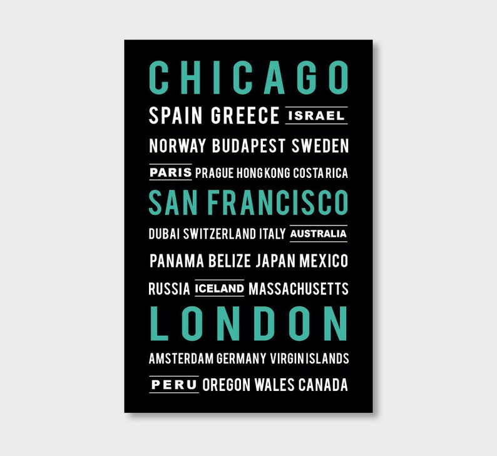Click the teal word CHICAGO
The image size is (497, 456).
pyautogui.click(x=248, y=78)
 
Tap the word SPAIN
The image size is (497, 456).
pyautogui.click(x=177, y=116)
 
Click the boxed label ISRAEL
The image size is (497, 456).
pyautogui.click(x=316, y=116)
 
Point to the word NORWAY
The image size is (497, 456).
pyautogui.click(x=177, y=147)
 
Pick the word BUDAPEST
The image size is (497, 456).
pyautogui.click(x=249, y=147)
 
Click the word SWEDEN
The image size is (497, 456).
pyautogui.click(x=320, y=147)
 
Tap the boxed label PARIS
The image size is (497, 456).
pyautogui.click(x=170, y=172)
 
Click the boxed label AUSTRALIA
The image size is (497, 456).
pyautogui.click(x=319, y=234)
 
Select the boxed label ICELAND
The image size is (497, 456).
pyautogui.click(x=219, y=289)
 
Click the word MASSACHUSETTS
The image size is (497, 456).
pyautogui.click(x=298, y=289)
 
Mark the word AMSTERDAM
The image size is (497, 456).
pyautogui.click(x=182, y=359)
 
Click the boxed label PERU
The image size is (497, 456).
pyautogui.click(x=174, y=384)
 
